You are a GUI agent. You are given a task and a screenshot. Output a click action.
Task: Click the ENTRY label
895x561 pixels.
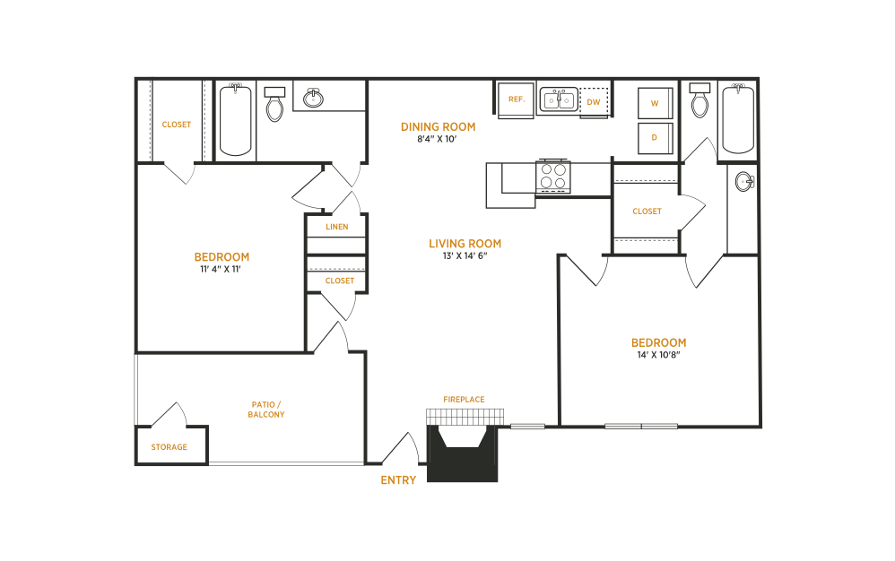[398, 480]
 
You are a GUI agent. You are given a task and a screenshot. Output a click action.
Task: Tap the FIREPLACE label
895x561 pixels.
[464, 399]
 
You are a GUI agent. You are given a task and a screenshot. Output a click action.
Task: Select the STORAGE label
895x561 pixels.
[169, 446]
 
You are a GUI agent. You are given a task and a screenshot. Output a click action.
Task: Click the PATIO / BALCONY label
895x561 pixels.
[267, 410]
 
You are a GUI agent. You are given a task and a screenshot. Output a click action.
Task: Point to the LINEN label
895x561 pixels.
[336, 227]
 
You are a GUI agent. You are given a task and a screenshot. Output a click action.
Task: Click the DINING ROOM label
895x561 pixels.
[438, 126]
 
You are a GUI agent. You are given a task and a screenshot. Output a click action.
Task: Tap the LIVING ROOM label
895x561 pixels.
[465, 244]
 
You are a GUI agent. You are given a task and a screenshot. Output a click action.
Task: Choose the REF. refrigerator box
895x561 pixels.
[516, 99]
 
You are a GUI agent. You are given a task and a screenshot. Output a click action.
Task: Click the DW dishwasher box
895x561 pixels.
[594, 102]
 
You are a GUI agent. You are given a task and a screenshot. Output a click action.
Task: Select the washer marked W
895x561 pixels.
[655, 104]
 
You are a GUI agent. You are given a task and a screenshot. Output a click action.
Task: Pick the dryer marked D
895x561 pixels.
[655, 138]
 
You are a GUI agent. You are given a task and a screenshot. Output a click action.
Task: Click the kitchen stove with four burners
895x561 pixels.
[553, 177]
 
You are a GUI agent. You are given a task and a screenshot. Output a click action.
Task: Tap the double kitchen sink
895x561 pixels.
[558, 99]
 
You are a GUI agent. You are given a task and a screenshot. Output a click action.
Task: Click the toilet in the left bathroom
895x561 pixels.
[274, 104]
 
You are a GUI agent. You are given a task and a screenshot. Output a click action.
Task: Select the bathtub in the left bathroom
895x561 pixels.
[236, 120]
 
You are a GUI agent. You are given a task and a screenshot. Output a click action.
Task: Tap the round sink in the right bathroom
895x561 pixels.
[743, 182]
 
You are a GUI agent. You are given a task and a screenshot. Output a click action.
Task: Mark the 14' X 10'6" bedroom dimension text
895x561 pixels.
[658, 356]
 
